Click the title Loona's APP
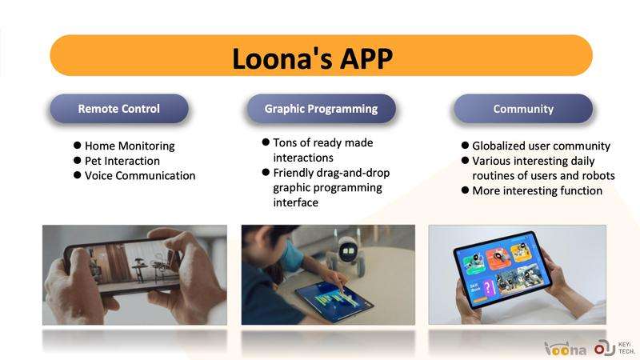(312, 58)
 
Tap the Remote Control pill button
(119, 109)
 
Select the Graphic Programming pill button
(322, 109)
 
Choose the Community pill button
(523, 109)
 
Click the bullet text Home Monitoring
(130, 146)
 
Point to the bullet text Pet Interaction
(122, 161)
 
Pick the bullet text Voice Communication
(140, 175)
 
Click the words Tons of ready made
(323, 142)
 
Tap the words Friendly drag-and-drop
(331, 173)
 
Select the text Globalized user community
(542, 146)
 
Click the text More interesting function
(537, 190)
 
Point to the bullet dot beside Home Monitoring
(77, 146)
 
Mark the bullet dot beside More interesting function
(465, 190)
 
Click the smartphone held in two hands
(122, 265)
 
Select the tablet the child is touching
(334, 301)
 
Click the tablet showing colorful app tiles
(502, 269)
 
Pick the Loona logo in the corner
(566, 349)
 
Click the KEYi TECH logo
(614, 348)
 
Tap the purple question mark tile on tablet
(488, 289)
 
